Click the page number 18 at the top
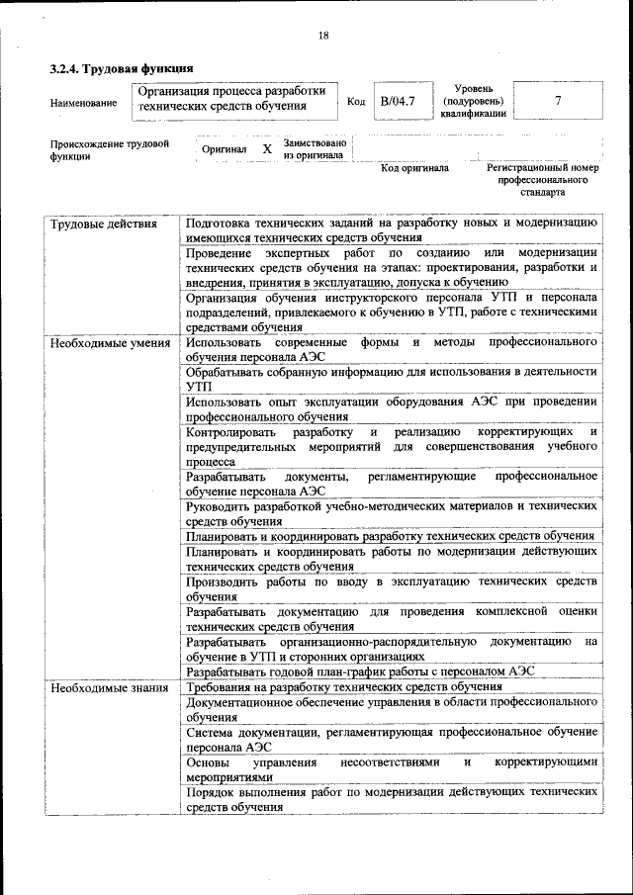click(x=323, y=37)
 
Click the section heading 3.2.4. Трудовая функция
click(x=121, y=69)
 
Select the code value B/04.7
click(x=398, y=101)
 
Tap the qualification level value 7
click(x=559, y=101)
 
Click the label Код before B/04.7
click(x=357, y=101)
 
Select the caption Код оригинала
click(x=414, y=168)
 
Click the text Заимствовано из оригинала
click(x=314, y=148)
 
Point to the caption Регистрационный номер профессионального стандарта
click(x=543, y=180)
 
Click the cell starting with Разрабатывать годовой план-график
click(x=360, y=671)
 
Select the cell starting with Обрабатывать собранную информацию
click(x=391, y=379)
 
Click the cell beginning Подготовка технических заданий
click(x=391, y=229)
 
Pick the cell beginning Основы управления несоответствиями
click(x=391, y=769)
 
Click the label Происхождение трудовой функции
click(x=110, y=149)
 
